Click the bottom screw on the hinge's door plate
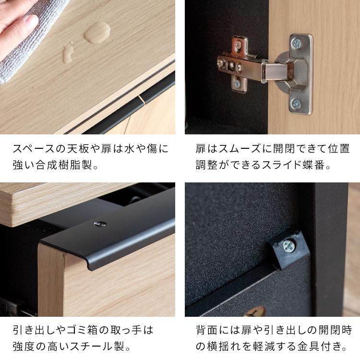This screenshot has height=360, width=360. coord(296,103)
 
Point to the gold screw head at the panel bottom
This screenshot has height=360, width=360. coord(254,313)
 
